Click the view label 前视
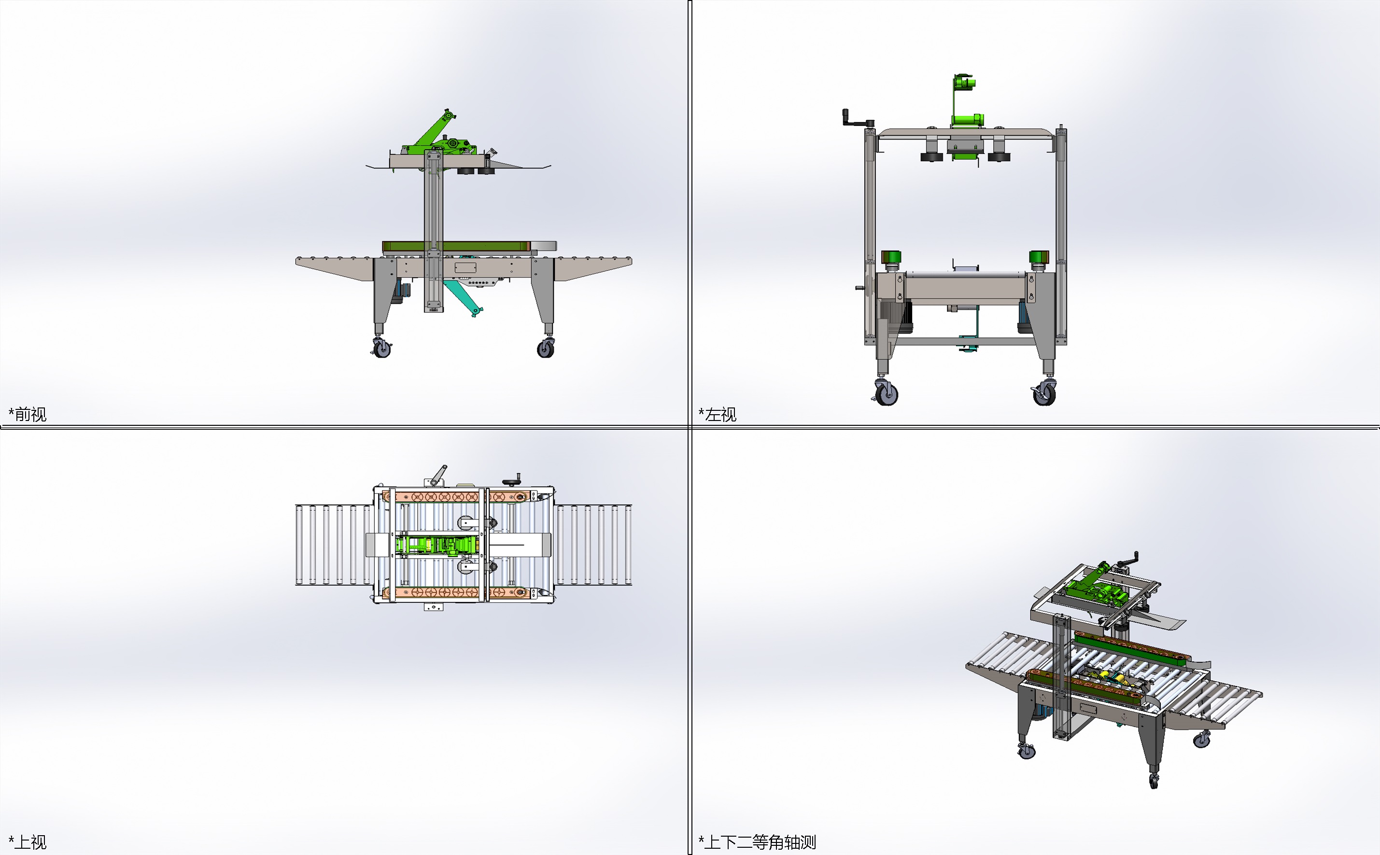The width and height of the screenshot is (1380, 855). (30, 415)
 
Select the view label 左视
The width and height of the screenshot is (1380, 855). (720, 415)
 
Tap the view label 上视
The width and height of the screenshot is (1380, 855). (30, 842)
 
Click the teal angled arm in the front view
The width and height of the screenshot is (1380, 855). (463, 297)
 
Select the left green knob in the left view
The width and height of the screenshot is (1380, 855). (891, 258)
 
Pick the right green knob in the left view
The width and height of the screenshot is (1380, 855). (1039, 258)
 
